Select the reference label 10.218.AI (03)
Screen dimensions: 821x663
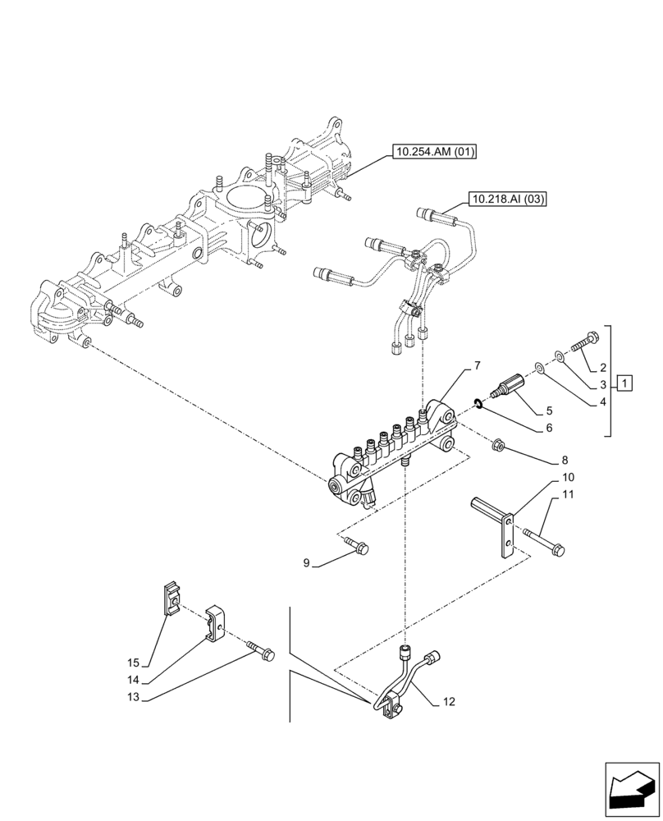(x=508, y=198)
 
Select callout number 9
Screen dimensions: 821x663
(x=307, y=563)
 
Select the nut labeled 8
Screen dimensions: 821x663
(x=497, y=447)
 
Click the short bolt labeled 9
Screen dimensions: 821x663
(x=358, y=545)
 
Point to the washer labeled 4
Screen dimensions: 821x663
(x=538, y=366)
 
